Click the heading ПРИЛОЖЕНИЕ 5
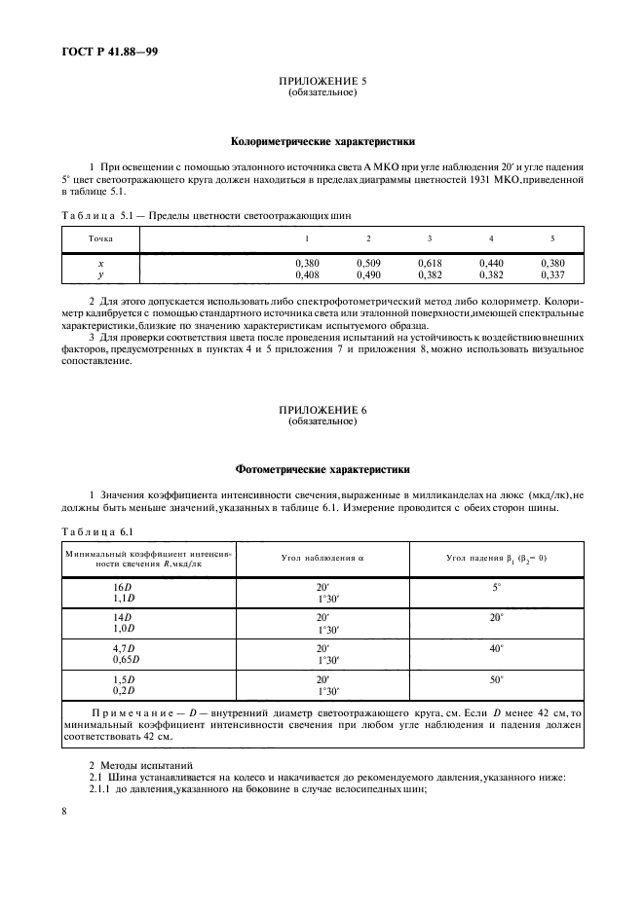(322, 85)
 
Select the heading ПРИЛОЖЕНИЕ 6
(322, 413)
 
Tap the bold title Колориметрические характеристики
(322, 140)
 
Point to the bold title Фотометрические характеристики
(322, 468)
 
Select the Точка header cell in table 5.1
(100, 238)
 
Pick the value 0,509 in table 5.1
(367, 264)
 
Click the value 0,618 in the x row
(429, 264)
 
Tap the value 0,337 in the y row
(551, 274)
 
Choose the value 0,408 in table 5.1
(306, 274)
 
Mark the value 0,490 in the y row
(367, 274)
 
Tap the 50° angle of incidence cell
(496, 680)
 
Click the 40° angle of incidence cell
(496, 647)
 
